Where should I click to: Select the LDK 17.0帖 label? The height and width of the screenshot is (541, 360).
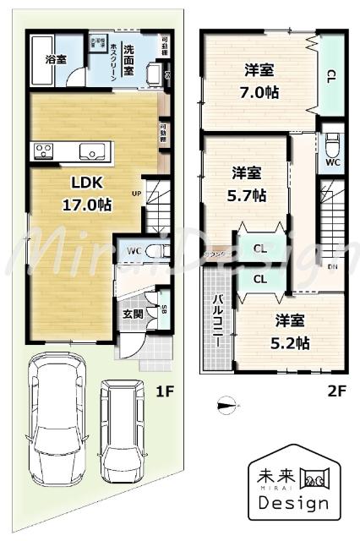75,193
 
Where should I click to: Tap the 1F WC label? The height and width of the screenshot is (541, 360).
133,250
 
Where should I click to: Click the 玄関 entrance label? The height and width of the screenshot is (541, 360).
134,314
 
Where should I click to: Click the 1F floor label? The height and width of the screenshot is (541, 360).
164,391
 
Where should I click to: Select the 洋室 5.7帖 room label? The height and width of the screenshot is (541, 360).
248,184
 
